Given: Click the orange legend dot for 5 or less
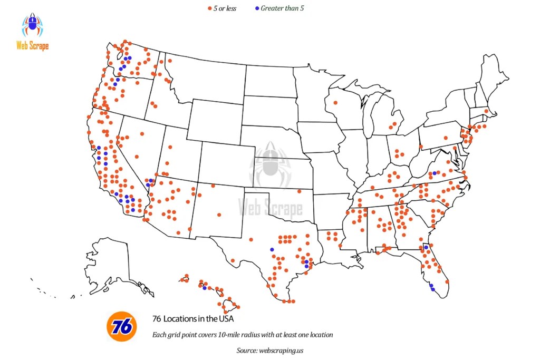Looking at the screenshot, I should pos(209,9).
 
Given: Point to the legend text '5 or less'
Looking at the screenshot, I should pos(225,8).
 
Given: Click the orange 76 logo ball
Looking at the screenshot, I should pos(122,326).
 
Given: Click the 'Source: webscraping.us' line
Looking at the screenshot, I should pos(270,349).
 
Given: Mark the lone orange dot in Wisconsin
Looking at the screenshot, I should pos(334,103).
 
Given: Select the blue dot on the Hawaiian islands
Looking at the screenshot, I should pos(205,288).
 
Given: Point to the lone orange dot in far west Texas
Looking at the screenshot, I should pos(233,260).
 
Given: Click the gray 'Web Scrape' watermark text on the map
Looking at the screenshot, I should pos(271,207).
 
